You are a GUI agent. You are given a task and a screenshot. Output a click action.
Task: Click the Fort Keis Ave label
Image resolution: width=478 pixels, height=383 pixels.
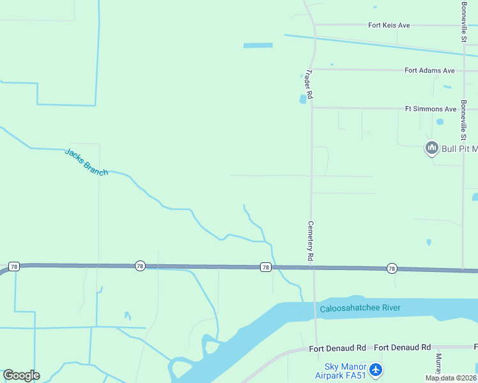tap(389, 26)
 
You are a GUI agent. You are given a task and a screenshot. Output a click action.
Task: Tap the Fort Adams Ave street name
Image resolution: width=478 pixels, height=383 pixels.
tap(429, 70)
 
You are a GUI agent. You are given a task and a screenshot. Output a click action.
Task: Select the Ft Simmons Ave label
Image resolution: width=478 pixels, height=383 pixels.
tap(431, 109)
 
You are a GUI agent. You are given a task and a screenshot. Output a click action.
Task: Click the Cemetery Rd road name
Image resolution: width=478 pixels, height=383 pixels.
tap(311, 240)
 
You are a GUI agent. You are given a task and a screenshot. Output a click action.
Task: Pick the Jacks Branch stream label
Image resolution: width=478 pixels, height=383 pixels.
tap(86, 161)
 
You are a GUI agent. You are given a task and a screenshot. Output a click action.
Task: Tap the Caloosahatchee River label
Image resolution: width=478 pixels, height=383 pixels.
tap(360, 308)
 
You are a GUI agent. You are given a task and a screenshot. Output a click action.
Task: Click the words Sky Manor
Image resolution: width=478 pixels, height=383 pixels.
tap(345, 366)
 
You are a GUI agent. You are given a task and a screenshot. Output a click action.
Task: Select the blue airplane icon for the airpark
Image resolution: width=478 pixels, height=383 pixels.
tap(376, 369)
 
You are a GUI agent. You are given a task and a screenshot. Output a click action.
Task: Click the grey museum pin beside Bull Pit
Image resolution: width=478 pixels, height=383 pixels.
tap(431, 149)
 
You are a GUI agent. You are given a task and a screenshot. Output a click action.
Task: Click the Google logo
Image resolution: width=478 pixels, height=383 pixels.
tap(21, 375)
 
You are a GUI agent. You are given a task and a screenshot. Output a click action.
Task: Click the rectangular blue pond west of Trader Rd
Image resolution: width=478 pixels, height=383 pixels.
tap(258, 45)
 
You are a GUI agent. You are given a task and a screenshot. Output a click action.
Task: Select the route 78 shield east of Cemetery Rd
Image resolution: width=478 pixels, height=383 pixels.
tap(392, 269)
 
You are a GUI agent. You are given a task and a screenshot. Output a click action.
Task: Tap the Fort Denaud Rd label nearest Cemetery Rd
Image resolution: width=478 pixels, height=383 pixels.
tap(337, 348)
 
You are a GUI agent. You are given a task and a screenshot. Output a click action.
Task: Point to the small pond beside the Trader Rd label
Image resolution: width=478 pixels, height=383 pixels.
tap(303, 99)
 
